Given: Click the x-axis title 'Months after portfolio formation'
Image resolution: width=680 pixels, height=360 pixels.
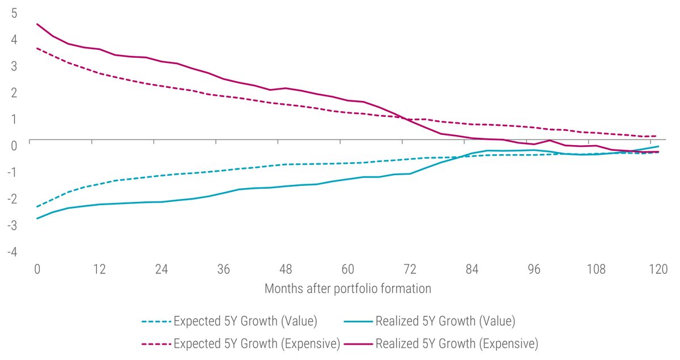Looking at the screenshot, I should (x=347, y=289).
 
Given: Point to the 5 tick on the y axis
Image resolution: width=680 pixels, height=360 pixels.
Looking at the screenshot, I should (x=14, y=12).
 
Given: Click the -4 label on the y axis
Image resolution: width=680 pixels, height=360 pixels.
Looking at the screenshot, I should (x=12, y=251).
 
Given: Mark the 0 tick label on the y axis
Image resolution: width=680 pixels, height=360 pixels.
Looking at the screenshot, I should (x=14, y=145).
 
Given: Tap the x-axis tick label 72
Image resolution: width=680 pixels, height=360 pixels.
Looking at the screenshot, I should (x=410, y=269).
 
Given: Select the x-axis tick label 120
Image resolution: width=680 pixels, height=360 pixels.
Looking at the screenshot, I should (x=657, y=269).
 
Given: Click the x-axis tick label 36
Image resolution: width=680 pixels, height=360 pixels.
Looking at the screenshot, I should (x=224, y=269).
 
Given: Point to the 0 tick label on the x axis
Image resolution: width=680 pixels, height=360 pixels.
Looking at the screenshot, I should (x=37, y=269).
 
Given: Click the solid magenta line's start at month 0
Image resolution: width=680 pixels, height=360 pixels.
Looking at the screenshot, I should (x=37, y=24).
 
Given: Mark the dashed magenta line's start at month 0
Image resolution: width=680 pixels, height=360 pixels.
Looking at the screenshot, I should (x=37, y=48).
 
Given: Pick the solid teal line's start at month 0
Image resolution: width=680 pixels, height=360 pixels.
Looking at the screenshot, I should (x=37, y=218).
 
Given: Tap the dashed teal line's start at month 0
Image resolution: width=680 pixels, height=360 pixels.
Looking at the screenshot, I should (x=37, y=206).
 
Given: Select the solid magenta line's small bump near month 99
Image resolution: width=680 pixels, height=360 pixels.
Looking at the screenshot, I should (x=550, y=140).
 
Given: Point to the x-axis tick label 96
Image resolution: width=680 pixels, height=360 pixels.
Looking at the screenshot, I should (x=534, y=269).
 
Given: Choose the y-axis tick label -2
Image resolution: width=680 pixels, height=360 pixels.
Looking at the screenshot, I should (x=12, y=198).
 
